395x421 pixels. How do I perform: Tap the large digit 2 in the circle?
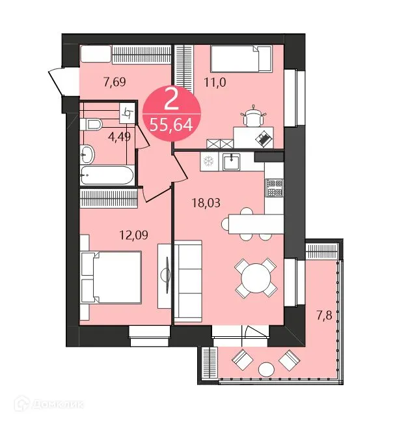[x=171, y=100]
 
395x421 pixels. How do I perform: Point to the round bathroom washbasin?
[x=87, y=154]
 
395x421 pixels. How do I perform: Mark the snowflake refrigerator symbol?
[x=209, y=160]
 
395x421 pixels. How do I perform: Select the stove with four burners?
[x=274, y=188]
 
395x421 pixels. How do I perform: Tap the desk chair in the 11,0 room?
[x=253, y=118]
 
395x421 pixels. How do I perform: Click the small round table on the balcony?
[x=265, y=370]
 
